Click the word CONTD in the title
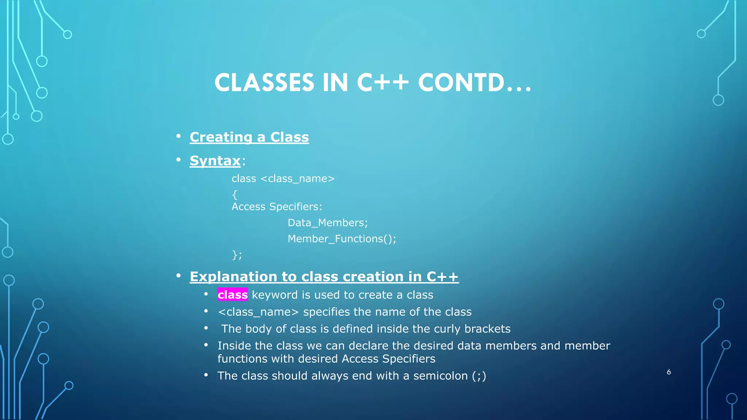coord(461,83)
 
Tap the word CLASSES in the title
coord(264,83)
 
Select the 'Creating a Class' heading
coord(249,137)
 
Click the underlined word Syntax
coord(215,161)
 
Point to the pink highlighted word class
coord(232,295)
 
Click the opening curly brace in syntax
coord(235,195)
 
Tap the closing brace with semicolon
coord(237,255)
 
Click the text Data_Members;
coord(328,223)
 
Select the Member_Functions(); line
coord(342,239)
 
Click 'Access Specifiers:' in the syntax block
coord(277,207)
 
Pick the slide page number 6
coord(669,372)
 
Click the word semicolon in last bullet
coord(440,376)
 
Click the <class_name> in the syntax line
coord(297,179)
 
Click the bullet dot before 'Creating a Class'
coord(178,136)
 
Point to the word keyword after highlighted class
coord(275,295)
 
